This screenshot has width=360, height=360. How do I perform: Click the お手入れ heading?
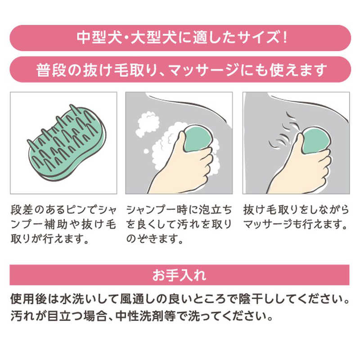179,275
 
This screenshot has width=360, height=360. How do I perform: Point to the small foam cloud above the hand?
148,125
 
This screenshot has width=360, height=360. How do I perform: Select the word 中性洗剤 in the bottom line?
139,316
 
